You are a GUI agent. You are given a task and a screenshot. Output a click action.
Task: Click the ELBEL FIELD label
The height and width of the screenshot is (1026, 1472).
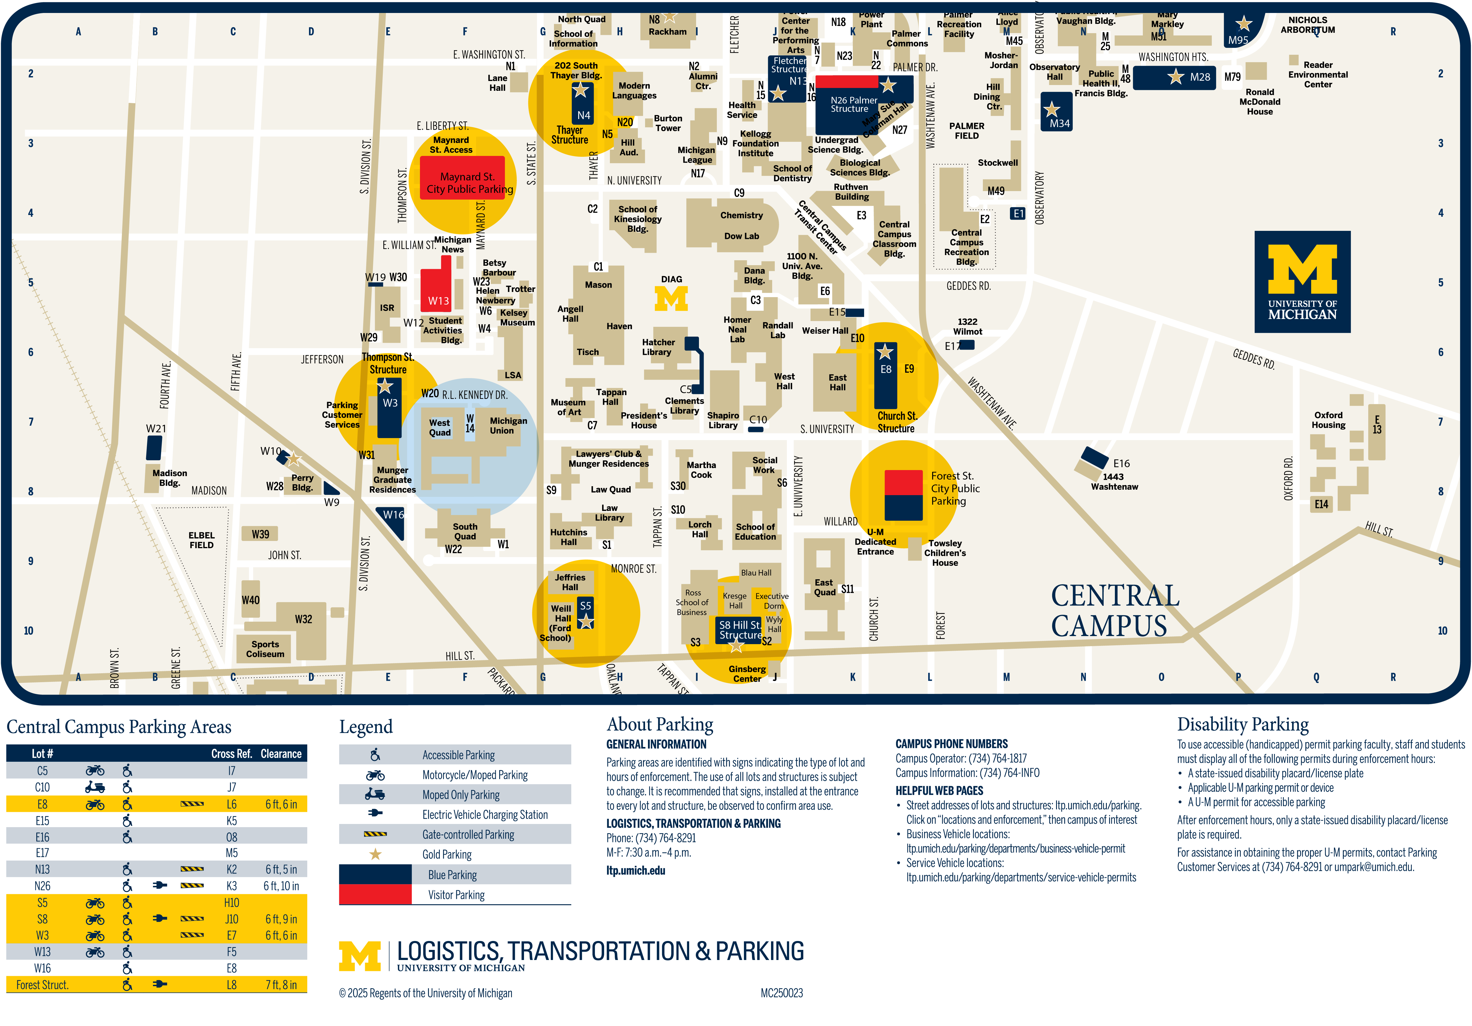click(x=201, y=540)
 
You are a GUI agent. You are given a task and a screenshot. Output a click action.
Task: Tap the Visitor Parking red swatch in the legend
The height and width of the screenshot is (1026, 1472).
click(x=375, y=894)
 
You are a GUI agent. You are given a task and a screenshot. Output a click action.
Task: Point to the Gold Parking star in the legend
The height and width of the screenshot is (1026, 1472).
click(x=375, y=854)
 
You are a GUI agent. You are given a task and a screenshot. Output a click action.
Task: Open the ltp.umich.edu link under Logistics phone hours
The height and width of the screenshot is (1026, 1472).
click(x=635, y=870)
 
